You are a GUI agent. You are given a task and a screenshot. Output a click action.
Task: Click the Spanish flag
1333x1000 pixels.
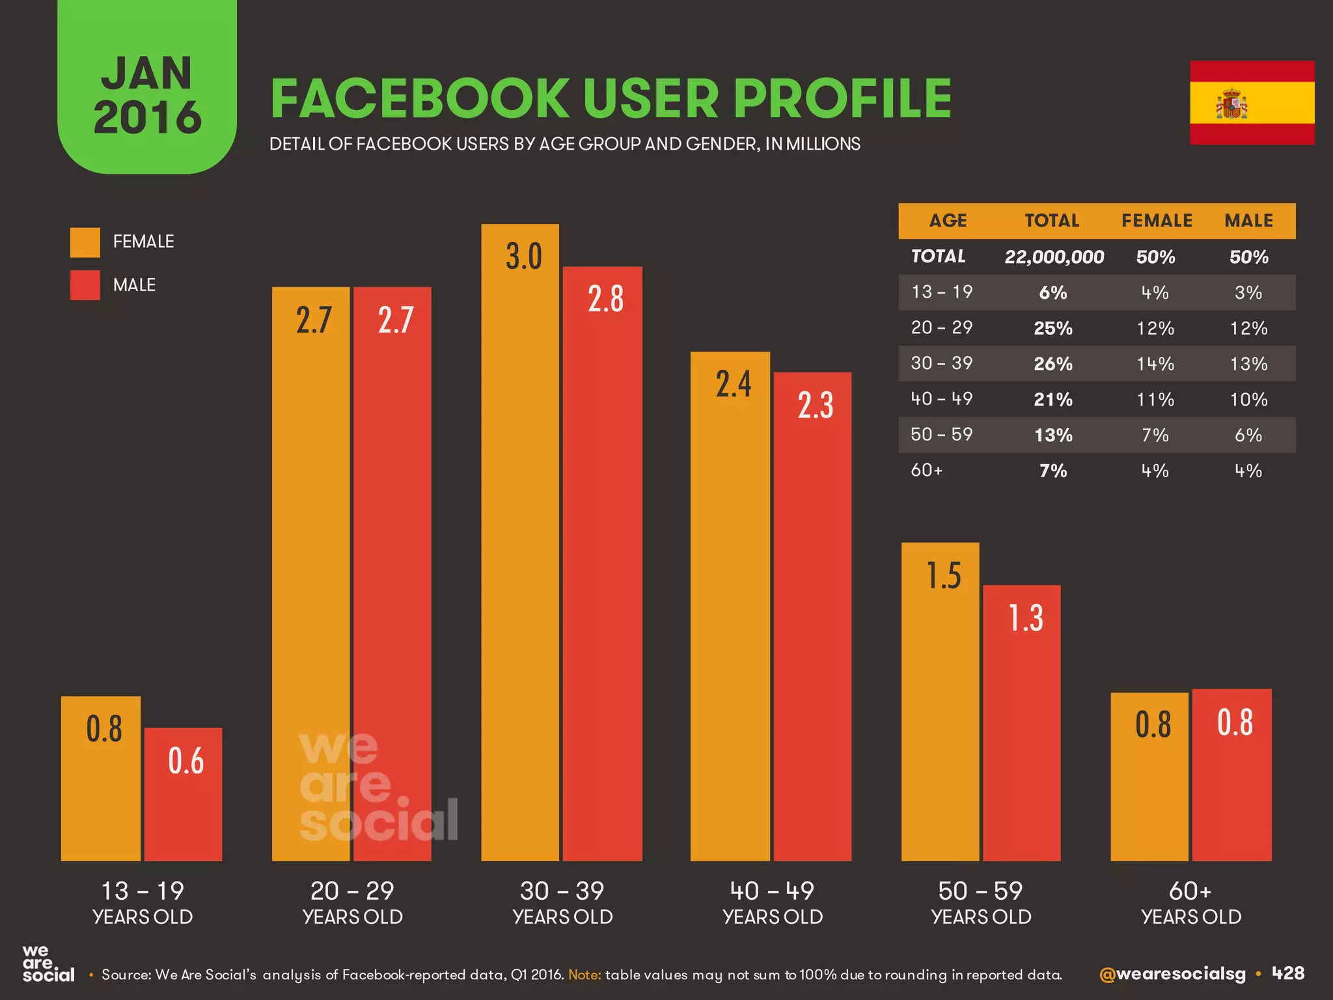[1252, 103]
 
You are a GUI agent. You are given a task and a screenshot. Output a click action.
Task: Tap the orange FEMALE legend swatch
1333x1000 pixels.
[85, 242]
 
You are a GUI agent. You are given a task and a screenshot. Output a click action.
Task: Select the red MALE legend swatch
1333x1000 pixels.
[85, 285]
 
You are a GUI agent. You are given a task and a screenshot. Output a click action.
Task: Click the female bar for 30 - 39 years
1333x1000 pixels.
[520, 553]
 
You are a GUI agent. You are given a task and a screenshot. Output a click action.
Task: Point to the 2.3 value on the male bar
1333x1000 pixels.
[815, 406]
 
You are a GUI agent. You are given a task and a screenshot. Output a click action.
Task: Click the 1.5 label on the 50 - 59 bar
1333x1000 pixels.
[943, 576]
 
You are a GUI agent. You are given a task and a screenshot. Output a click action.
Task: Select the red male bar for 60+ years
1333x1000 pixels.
[1231, 781]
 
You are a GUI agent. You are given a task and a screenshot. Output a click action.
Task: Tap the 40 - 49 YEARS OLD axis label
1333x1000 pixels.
[772, 902]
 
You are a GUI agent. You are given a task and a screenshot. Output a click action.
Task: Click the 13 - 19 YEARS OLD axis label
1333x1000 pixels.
[143, 902]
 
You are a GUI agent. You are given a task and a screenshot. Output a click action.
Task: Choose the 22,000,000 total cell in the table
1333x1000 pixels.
[1054, 257]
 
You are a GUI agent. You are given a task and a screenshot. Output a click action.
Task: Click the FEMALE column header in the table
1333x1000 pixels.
[1157, 221]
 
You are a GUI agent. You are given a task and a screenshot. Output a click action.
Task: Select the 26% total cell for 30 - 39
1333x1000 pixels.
[1053, 364]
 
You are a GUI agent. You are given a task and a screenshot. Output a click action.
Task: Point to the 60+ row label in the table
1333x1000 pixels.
[927, 470]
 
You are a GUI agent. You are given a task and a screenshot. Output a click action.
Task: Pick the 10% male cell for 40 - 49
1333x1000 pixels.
[1248, 400]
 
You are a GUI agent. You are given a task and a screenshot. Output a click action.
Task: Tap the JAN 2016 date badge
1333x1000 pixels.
[147, 94]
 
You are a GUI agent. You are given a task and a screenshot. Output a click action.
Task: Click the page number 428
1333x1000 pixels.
[1288, 973]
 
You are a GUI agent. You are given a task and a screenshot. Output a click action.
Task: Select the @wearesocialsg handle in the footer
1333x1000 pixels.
[1172, 974]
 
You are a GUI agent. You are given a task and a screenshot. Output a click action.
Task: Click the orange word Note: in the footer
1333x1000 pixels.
[584, 975]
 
